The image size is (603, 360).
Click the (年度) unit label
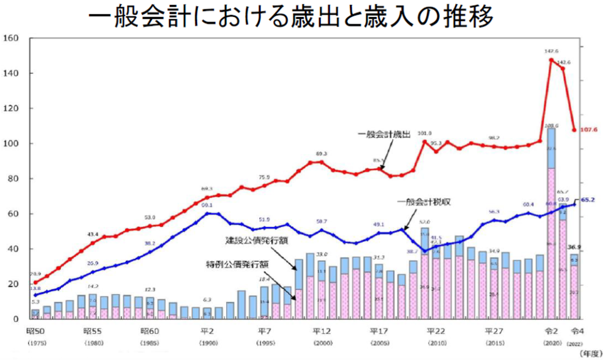pos(591,353)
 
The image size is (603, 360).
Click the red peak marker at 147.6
pos(551,60)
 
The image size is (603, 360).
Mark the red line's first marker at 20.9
pos(36,282)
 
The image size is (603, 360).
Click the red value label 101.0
pos(424,133)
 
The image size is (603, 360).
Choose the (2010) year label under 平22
pos(436,343)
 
